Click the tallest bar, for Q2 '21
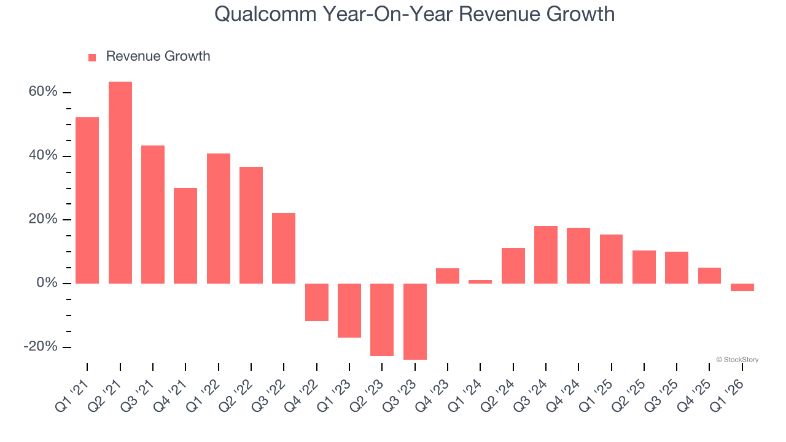(x=120, y=182)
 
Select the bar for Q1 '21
(x=87, y=200)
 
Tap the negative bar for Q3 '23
(x=415, y=321)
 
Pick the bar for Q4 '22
(x=317, y=302)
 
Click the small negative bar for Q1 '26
(x=742, y=287)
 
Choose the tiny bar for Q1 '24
(x=480, y=282)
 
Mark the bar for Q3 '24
(x=546, y=255)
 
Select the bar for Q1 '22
(x=219, y=219)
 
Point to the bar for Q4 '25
(x=709, y=276)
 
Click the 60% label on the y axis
(x=43, y=92)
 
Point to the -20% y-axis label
(x=41, y=347)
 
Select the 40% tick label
(x=43, y=156)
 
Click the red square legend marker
(x=92, y=57)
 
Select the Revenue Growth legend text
(x=158, y=56)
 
